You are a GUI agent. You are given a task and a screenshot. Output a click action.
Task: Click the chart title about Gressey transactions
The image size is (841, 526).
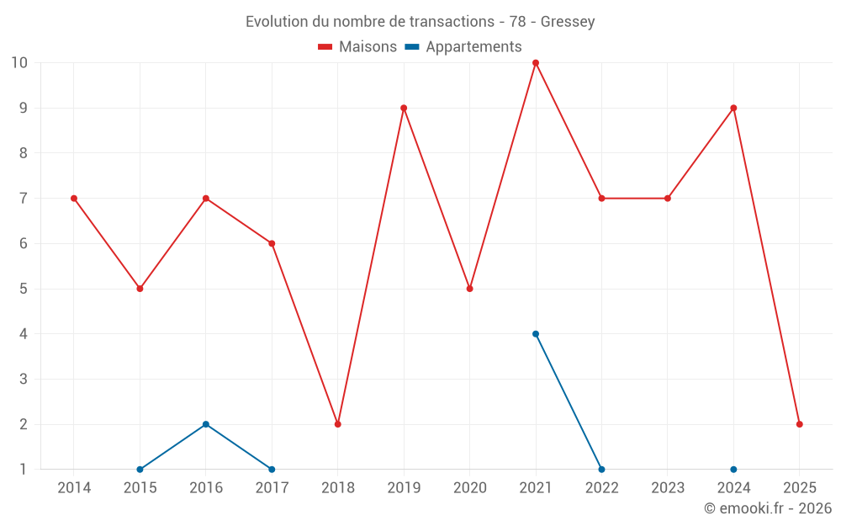coord(420,22)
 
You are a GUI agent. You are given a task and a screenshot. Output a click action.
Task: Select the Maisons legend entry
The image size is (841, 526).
coord(357,47)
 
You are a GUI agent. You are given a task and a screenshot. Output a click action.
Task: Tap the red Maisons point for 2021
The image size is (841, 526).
coord(536,63)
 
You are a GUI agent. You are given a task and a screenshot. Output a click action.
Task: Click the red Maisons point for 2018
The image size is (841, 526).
coord(338,424)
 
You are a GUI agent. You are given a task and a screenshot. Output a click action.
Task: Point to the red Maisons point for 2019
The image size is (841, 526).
coord(404,108)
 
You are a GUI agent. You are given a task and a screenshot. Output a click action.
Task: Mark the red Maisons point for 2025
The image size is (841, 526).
coord(800,424)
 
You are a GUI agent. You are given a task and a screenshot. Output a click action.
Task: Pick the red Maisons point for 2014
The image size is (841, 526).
coord(74,199)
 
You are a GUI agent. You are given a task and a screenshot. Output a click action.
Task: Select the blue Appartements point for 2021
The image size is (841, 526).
coord(536,334)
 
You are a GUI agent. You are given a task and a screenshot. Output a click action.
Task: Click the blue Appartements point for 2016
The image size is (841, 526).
coord(206,424)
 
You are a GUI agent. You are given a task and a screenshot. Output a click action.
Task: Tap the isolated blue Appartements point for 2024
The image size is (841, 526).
coord(733,469)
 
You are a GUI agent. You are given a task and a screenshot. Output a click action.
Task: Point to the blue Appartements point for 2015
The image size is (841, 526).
coord(140,469)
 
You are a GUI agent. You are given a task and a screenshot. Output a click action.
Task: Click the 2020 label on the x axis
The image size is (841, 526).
coord(469,487)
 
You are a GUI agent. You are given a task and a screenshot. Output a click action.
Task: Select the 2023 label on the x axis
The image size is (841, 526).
coord(668,487)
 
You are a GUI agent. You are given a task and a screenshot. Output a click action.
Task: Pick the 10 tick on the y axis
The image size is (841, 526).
coord(19,63)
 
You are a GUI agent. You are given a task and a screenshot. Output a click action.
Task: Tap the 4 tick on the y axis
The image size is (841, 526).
coord(24,334)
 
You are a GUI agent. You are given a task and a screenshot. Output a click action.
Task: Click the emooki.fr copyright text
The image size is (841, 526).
coord(767,508)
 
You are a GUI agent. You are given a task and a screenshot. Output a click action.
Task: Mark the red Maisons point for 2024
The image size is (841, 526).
coord(733,108)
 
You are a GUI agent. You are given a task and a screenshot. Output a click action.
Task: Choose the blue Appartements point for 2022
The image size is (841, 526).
coord(601,469)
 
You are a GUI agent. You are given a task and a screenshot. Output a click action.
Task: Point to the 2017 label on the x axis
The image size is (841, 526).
coord(272,487)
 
